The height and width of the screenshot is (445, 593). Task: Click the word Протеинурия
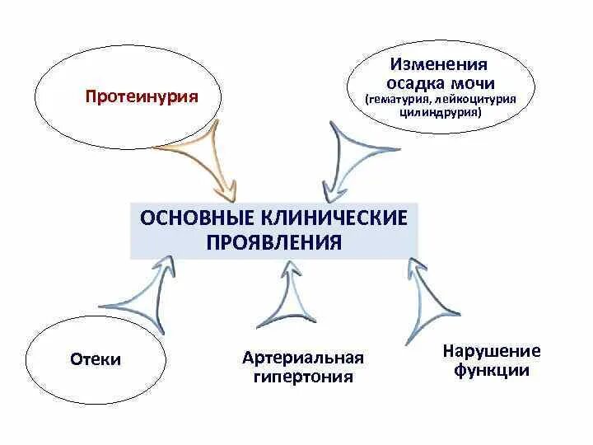coord(142,96)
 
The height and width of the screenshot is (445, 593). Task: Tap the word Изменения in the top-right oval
coord(438,63)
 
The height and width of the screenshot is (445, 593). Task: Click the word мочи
coord(468,82)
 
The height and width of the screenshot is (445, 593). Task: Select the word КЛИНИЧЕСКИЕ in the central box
coord(335,220)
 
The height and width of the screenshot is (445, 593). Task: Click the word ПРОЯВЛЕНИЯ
coord(273,243)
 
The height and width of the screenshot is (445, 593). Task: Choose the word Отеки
coord(96,359)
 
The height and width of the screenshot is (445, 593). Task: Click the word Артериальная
coord(303,358)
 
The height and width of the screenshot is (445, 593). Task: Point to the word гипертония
coord(303,377)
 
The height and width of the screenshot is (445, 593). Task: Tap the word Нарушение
coord(491,351)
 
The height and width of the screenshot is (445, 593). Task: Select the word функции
coord(491,370)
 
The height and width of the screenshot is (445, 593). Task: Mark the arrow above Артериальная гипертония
coord(287,297)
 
